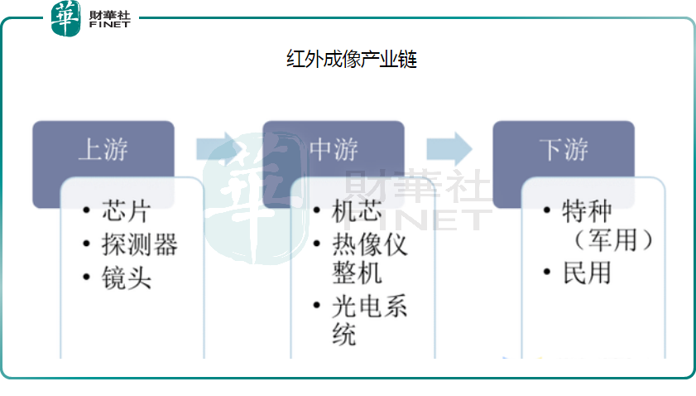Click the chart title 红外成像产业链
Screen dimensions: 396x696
(x=351, y=60)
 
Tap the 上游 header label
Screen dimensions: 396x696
(x=103, y=150)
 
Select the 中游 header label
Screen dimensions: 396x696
(x=334, y=150)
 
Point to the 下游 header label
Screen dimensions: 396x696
(x=564, y=150)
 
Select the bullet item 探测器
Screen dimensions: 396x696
(x=140, y=244)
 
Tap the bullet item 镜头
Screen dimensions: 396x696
(x=126, y=278)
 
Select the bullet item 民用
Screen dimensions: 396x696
(x=587, y=273)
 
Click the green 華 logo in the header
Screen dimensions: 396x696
(x=66, y=18)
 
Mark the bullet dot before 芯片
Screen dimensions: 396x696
(x=87, y=211)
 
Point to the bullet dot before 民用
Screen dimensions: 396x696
(x=547, y=273)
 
